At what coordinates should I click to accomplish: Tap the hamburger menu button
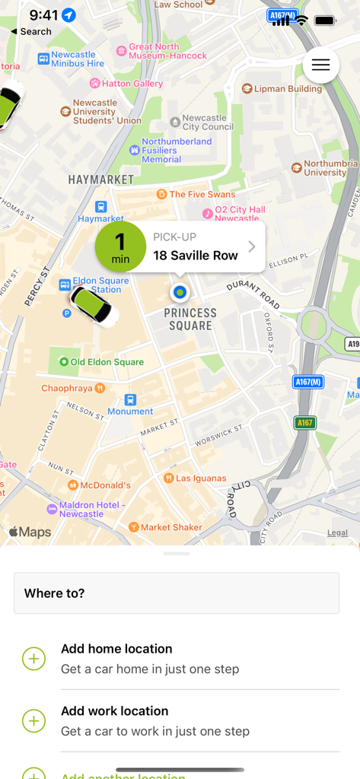click(320, 65)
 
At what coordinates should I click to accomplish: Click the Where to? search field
click(177, 593)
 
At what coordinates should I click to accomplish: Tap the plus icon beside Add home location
click(33, 659)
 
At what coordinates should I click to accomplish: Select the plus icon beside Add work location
click(33, 720)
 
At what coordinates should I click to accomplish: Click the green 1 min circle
click(120, 246)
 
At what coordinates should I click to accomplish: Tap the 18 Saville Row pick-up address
click(196, 256)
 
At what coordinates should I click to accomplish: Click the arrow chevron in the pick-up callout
click(252, 246)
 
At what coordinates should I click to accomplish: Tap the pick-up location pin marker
click(180, 291)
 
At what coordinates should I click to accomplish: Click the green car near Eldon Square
click(91, 305)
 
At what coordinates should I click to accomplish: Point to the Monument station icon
click(130, 399)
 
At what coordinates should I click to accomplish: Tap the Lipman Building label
click(282, 89)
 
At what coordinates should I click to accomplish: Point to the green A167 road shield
click(305, 422)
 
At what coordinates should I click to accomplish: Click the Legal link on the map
click(337, 533)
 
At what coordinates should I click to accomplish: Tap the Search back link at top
click(31, 32)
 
